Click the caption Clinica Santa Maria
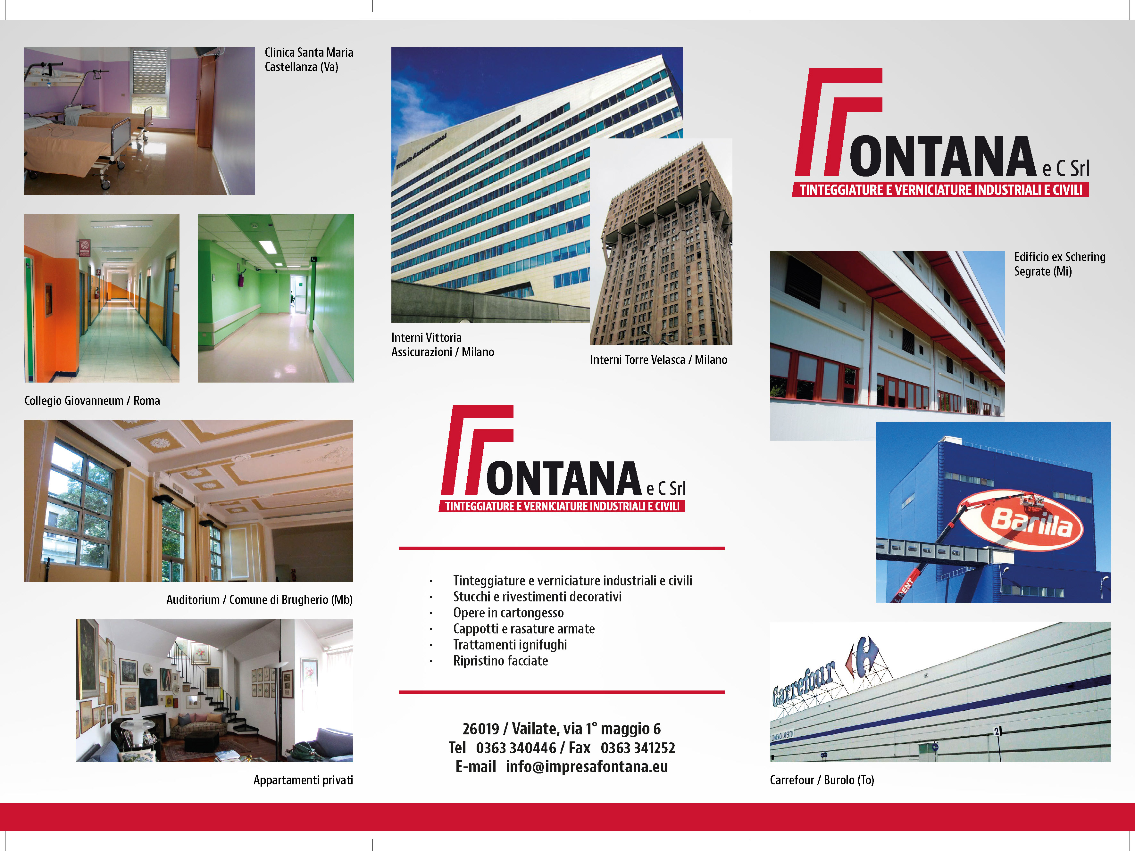click(x=309, y=52)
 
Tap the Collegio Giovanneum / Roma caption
click(x=92, y=401)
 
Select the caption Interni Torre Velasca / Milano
click(x=658, y=359)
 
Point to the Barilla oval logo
click(x=1021, y=520)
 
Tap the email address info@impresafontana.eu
click(x=587, y=766)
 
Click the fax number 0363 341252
click(x=638, y=748)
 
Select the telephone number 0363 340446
click(x=516, y=748)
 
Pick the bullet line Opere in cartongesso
click(x=508, y=613)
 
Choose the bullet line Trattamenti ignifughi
click(x=510, y=645)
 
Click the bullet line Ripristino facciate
click(x=500, y=661)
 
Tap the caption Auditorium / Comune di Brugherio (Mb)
click(x=259, y=600)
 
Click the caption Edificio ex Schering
click(x=1060, y=257)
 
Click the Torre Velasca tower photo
click(x=661, y=241)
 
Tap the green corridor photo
click(x=276, y=298)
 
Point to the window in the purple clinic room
click(x=149, y=79)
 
